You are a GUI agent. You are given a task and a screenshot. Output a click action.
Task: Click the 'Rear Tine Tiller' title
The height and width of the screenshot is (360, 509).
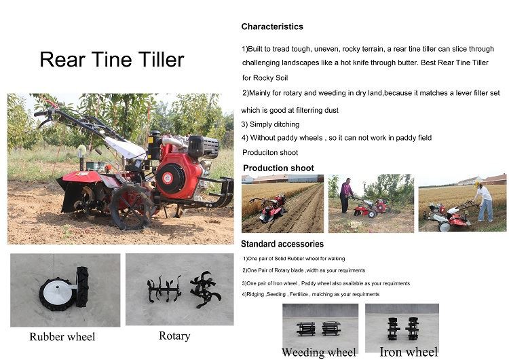[x=111, y=60]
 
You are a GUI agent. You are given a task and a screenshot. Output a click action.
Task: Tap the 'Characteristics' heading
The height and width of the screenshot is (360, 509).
[x=272, y=26]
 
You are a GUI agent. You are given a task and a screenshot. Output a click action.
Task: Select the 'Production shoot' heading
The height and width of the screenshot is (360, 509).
[x=278, y=168]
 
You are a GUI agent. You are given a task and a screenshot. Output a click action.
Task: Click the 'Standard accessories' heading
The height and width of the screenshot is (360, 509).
[x=282, y=244]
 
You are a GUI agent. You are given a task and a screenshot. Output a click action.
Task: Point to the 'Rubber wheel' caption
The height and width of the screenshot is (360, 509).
[x=62, y=337]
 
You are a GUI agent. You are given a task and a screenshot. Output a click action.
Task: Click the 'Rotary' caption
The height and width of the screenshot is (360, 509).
[x=174, y=336]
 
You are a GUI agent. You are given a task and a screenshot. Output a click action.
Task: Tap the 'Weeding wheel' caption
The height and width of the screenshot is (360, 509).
[x=318, y=352]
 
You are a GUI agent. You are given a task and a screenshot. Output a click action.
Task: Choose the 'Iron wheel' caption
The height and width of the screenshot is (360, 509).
[x=409, y=351]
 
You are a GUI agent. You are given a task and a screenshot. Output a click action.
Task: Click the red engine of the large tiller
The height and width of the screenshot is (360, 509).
[x=178, y=175]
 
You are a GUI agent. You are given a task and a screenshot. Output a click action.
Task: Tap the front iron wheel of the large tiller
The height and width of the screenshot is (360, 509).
[x=131, y=206]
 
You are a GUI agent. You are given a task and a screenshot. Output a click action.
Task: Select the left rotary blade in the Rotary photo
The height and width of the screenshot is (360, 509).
[x=164, y=289]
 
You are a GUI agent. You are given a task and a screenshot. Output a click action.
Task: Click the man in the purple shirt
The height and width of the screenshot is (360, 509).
[x=346, y=194]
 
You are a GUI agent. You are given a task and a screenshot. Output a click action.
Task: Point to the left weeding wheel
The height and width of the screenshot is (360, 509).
[x=306, y=329]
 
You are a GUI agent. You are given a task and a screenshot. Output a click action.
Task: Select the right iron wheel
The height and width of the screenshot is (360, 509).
[x=412, y=327]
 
